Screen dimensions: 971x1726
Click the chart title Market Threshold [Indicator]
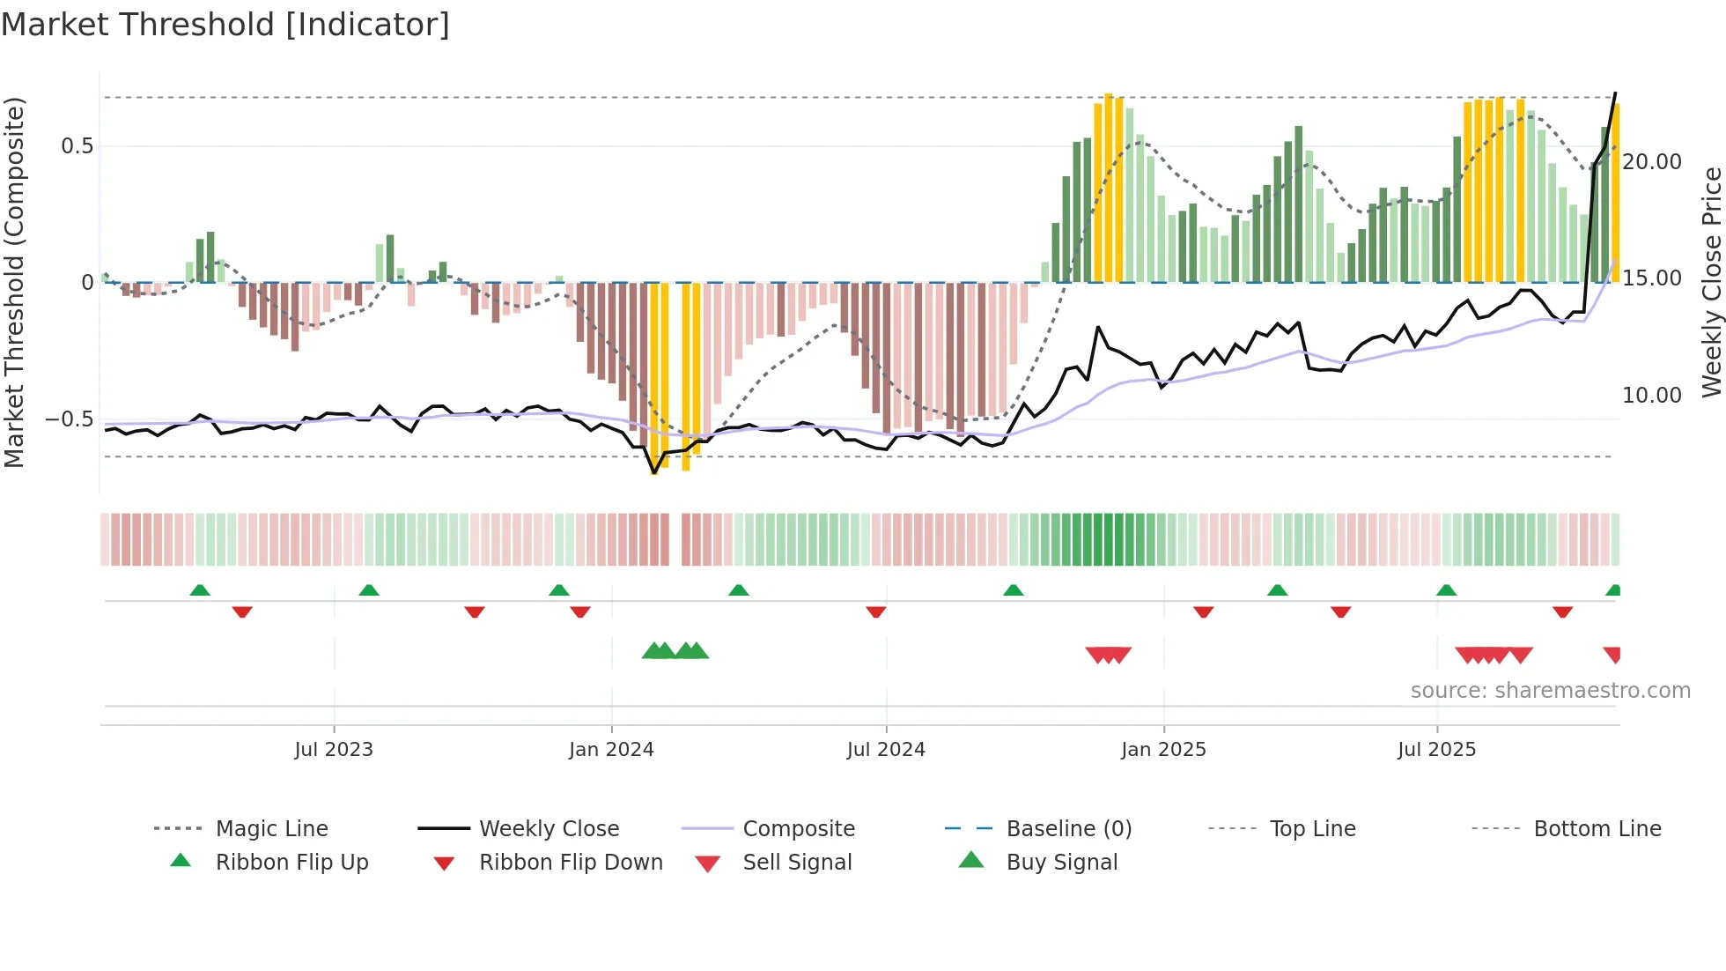click(225, 25)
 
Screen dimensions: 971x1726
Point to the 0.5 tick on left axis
click(77, 146)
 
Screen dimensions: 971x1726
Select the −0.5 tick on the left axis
click(70, 419)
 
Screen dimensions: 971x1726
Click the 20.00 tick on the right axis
click(1652, 162)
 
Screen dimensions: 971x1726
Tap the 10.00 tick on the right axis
click(1652, 396)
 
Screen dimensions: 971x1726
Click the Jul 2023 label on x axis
click(334, 750)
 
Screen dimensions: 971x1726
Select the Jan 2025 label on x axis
click(1163, 750)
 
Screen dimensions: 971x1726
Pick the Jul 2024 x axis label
click(886, 750)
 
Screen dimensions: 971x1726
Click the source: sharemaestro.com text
click(1550, 691)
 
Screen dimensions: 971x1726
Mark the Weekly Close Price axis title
click(1711, 282)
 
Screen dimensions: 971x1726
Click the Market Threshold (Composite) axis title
click(15, 282)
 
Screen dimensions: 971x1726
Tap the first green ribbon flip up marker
click(200, 590)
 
